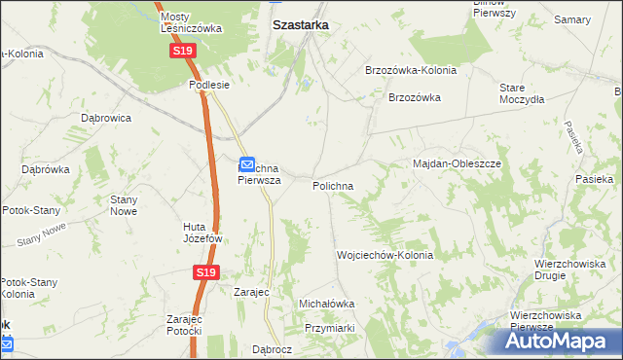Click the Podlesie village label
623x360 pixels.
tap(208, 85)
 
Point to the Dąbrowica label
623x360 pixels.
tap(106, 118)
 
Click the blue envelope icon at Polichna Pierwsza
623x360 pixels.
tap(247, 164)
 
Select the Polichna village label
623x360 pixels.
tap(333, 185)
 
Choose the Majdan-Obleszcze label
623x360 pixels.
tap(457, 163)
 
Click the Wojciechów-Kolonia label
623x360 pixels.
tap(385, 255)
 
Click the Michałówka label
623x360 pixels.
tap(327, 304)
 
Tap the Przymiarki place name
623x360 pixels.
tap(331, 329)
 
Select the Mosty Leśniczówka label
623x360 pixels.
tap(192, 22)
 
